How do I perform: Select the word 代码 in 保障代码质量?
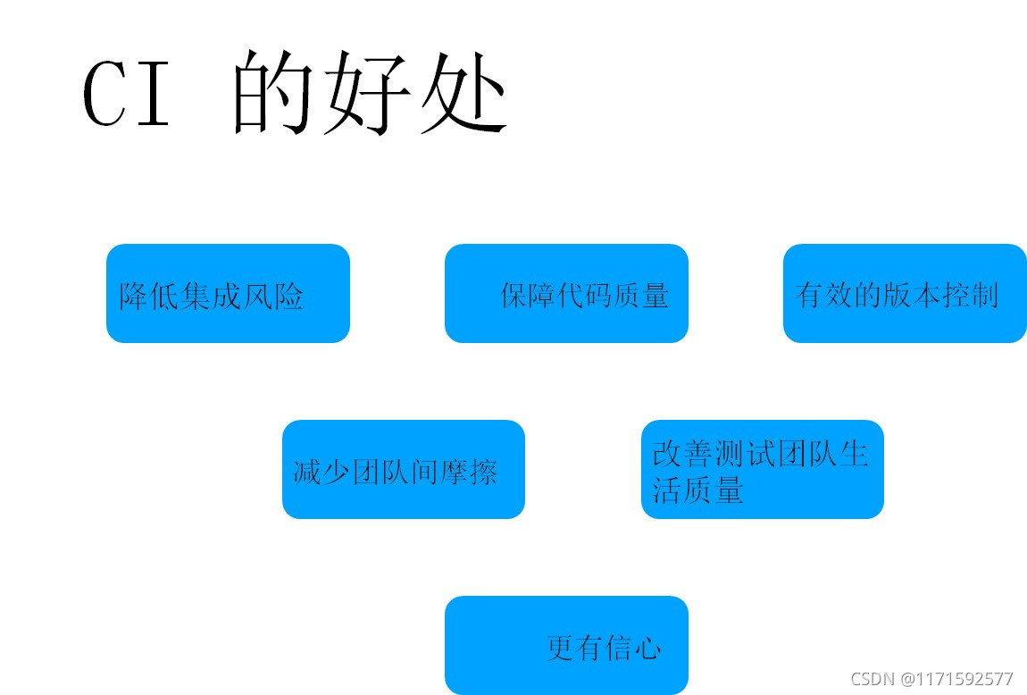pos(584,296)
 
